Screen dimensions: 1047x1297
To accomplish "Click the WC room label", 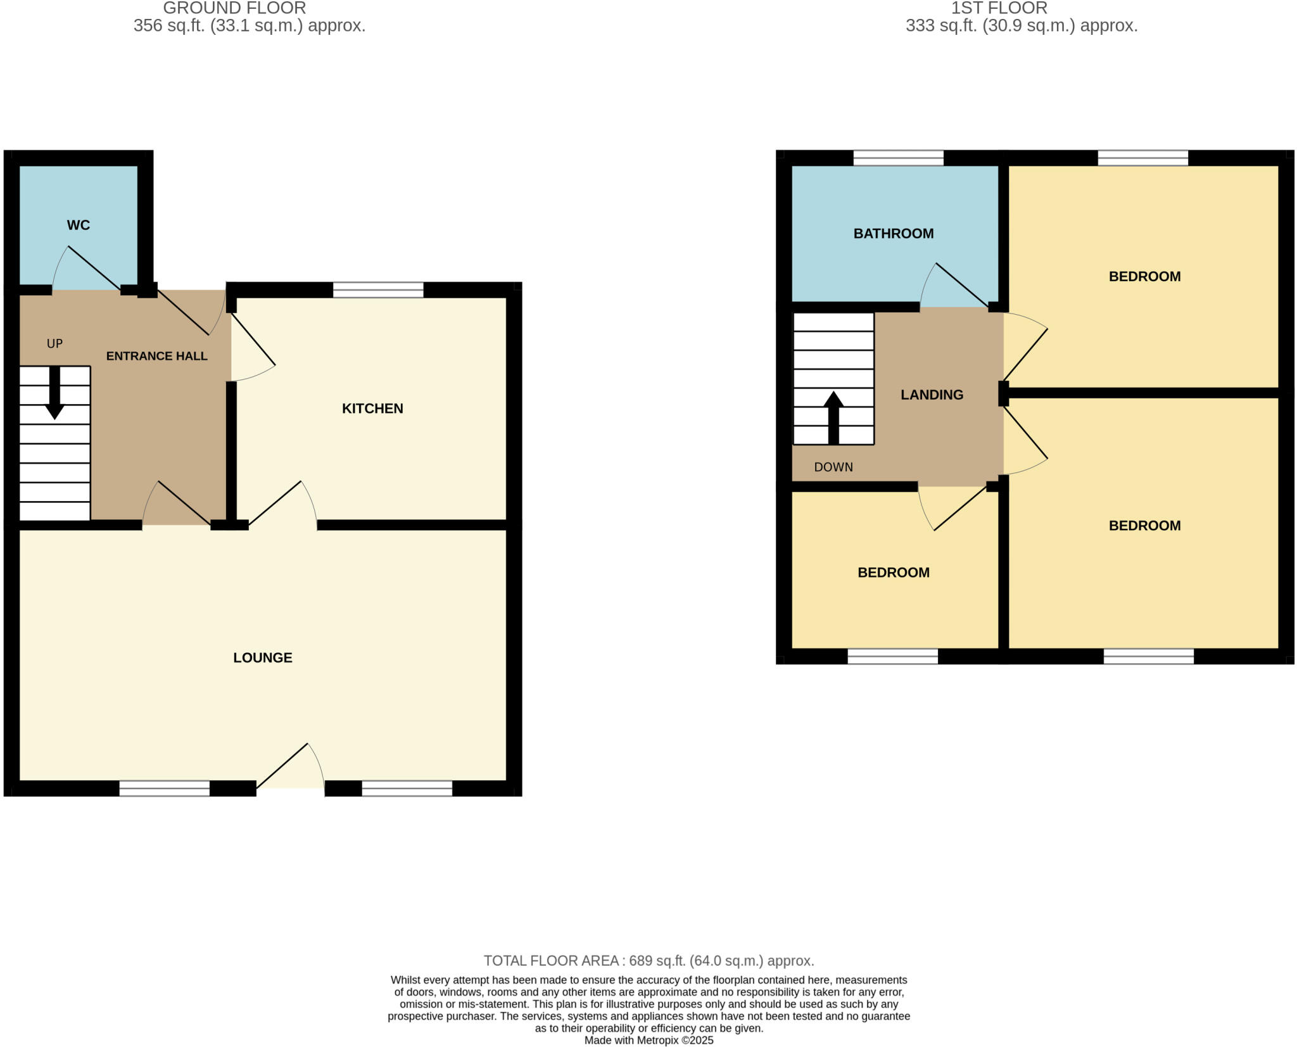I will click(79, 225).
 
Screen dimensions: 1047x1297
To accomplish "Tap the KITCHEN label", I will click(372, 409).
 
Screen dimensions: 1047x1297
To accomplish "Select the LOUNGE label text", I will click(263, 657).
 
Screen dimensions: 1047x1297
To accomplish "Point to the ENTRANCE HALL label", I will click(156, 356).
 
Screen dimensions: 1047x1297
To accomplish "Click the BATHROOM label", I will click(893, 234).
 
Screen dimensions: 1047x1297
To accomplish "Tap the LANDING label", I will click(932, 395).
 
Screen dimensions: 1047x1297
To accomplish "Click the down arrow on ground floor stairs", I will click(55, 393).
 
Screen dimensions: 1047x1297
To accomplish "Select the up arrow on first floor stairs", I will click(833, 417).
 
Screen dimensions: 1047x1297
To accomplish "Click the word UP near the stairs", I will click(54, 343).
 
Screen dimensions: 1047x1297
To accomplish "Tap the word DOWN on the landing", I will click(833, 467).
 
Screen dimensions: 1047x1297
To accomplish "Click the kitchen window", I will click(378, 290).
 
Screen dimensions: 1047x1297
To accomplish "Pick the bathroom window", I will click(898, 158).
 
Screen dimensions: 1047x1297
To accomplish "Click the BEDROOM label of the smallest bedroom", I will click(893, 573).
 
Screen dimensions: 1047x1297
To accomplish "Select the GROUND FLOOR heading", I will click(234, 8).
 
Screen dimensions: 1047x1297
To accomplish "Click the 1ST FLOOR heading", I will click(999, 8).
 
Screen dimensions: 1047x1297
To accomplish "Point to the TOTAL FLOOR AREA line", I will click(648, 961).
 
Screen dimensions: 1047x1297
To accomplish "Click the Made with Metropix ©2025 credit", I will click(648, 1040).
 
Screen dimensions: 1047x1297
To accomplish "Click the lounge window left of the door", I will click(165, 788).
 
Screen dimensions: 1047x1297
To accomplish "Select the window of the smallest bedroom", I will click(892, 656).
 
